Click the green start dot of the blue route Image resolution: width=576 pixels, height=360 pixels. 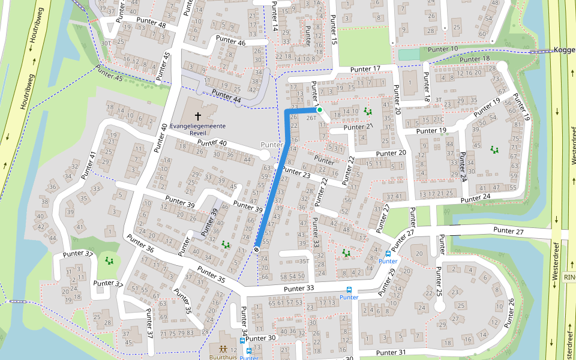click(x=320, y=110)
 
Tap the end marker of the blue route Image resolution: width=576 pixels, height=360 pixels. click(x=257, y=250)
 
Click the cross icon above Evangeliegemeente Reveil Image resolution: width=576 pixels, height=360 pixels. click(x=197, y=115)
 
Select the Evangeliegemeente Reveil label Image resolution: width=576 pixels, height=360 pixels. click(x=197, y=129)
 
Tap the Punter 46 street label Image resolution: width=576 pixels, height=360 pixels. click(x=231, y=41)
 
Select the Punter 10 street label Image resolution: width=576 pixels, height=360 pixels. click(x=443, y=49)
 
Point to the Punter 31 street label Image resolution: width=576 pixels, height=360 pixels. click(x=391, y=352)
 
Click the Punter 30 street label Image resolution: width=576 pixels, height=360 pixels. click(x=260, y=338)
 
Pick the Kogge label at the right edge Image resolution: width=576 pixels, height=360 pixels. click(x=564, y=50)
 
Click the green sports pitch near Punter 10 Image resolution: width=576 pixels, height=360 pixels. click(x=409, y=55)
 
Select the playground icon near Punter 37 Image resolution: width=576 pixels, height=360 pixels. click(x=109, y=260)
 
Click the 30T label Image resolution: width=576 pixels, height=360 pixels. click(x=106, y=43)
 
